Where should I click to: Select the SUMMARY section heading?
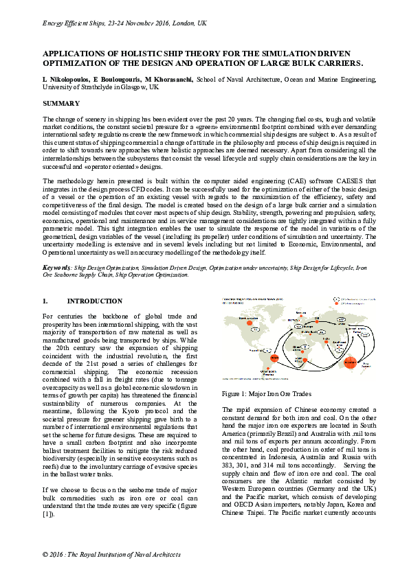pyautogui.click(x=61, y=104)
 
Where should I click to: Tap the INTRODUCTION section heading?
pyautogui.click(x=95, y=301)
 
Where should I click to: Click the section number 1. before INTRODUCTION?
pyautogui.click(x=45, y=301)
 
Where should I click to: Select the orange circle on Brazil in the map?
pyautogui.click(x=274, y=358)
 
